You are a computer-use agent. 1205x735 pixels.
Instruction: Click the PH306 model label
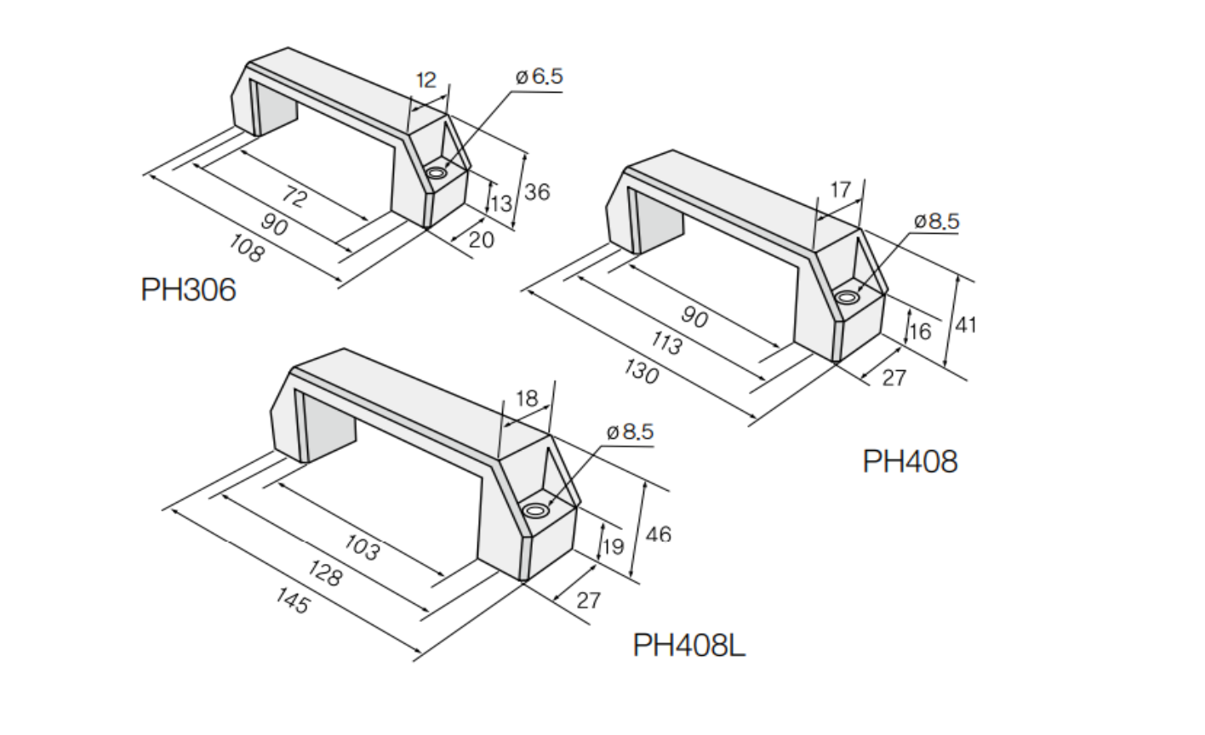(x=188, y=290)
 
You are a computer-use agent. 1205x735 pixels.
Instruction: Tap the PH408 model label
(x=911, y=462)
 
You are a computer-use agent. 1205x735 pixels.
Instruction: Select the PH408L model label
(x=689, y=645)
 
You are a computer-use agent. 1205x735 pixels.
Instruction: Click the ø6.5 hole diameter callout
(x=539, y=77)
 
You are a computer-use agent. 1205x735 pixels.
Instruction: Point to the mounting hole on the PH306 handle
(x=437, y=174)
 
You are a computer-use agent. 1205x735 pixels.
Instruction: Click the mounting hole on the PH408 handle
(x=847, y=297)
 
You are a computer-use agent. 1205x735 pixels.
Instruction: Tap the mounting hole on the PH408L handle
(x=535, y=510)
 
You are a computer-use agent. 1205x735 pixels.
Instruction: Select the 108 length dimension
(x=247, y=249)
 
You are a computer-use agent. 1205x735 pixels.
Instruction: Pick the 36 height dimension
(x=537, y=192)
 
